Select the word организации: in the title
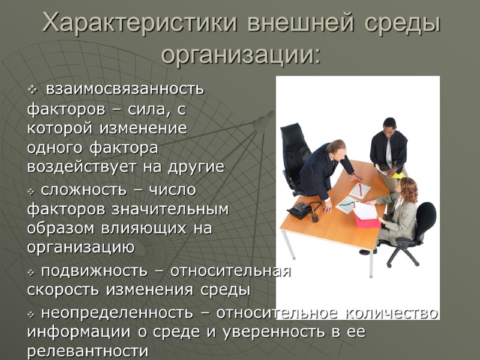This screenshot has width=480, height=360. (x=241, y=55)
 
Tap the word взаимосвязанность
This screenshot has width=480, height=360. (x=125, y=89)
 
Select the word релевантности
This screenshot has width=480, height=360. (x=88, y=351)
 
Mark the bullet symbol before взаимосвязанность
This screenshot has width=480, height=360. (x=32, y=90)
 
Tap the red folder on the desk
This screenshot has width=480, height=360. (x=367, y=218)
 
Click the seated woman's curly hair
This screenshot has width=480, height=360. (x=409, y=190)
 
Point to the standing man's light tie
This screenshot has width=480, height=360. (x=389, y=154)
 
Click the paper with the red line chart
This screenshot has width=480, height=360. (x=360, y=190)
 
